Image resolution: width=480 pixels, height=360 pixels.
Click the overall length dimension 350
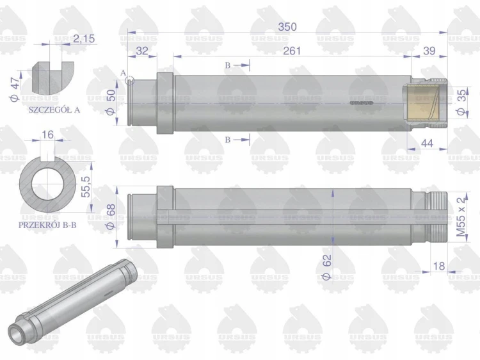click(x=287, y=27)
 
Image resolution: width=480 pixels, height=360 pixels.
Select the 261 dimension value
click(x=292, y=51)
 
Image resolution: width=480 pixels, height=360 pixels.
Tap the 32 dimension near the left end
click(x=141, y=51)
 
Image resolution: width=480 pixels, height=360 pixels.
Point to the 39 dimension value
click(x=429, y=51)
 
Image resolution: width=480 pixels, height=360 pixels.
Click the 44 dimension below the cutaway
click(x=428, y=143)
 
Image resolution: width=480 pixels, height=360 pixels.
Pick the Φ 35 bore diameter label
click(x=462, y=102)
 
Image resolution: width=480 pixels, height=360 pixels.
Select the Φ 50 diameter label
click(x=111, y=102)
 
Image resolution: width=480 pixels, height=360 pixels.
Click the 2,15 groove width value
click(x=84, y=39)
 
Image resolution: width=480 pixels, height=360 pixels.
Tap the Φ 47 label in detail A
click(x=14, y=89)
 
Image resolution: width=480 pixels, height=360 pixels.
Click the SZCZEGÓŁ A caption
click(x=54, y=110)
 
